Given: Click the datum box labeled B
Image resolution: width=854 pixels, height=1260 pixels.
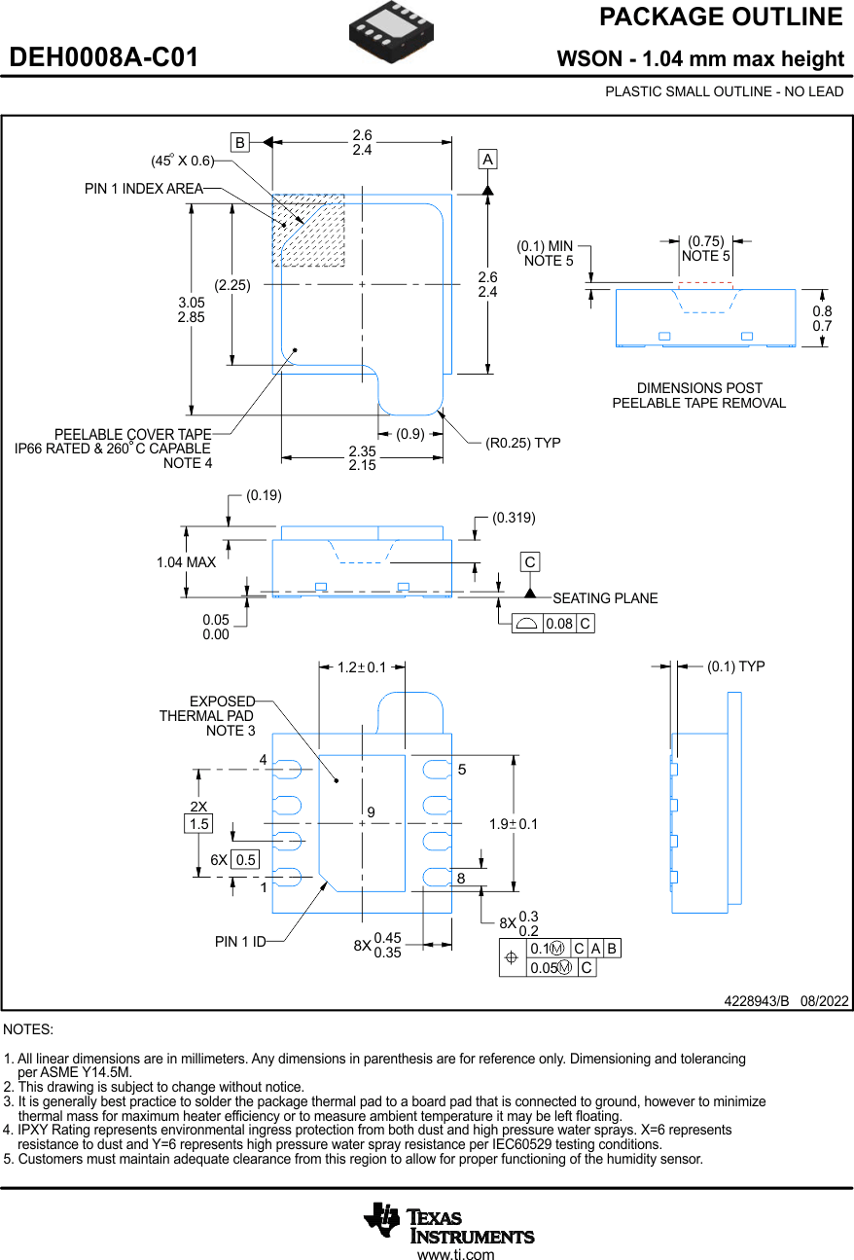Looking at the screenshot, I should pos(239,142).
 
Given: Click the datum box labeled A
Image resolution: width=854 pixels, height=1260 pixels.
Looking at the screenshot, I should pos(487,159).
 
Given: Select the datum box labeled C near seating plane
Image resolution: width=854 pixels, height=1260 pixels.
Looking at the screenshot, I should pos(529,562).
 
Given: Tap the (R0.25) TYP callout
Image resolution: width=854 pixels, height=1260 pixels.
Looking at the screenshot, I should pos(523,443).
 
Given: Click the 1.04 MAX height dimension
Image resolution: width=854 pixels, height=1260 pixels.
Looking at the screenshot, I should pos(186,562).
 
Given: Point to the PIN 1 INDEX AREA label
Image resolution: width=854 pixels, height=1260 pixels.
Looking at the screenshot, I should pos(144,189).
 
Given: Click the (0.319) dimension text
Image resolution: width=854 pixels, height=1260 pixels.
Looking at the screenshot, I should pos(514,518).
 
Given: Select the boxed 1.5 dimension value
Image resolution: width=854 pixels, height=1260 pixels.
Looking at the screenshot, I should pos(198,824).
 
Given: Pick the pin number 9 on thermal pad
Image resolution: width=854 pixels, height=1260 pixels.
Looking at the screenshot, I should pos(372,811).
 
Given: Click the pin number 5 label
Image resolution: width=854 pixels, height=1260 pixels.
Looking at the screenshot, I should pos(462,770).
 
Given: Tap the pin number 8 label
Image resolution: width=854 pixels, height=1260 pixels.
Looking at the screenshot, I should pos(461,879).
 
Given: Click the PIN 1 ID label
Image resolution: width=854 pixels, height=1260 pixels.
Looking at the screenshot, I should pos(240,942).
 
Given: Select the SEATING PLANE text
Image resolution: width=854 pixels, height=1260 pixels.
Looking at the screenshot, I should pos(605,598).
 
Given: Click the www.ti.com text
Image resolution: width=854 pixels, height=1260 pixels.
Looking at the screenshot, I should pos(455,1253).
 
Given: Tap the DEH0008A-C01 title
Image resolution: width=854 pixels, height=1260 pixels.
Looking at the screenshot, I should pos(104,58).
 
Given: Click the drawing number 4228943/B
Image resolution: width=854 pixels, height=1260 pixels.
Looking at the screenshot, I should pos(756,1000).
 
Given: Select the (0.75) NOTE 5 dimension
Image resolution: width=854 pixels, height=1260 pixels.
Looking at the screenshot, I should pos(705,248).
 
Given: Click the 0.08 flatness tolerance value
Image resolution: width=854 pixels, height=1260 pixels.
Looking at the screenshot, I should pos(558,625).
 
